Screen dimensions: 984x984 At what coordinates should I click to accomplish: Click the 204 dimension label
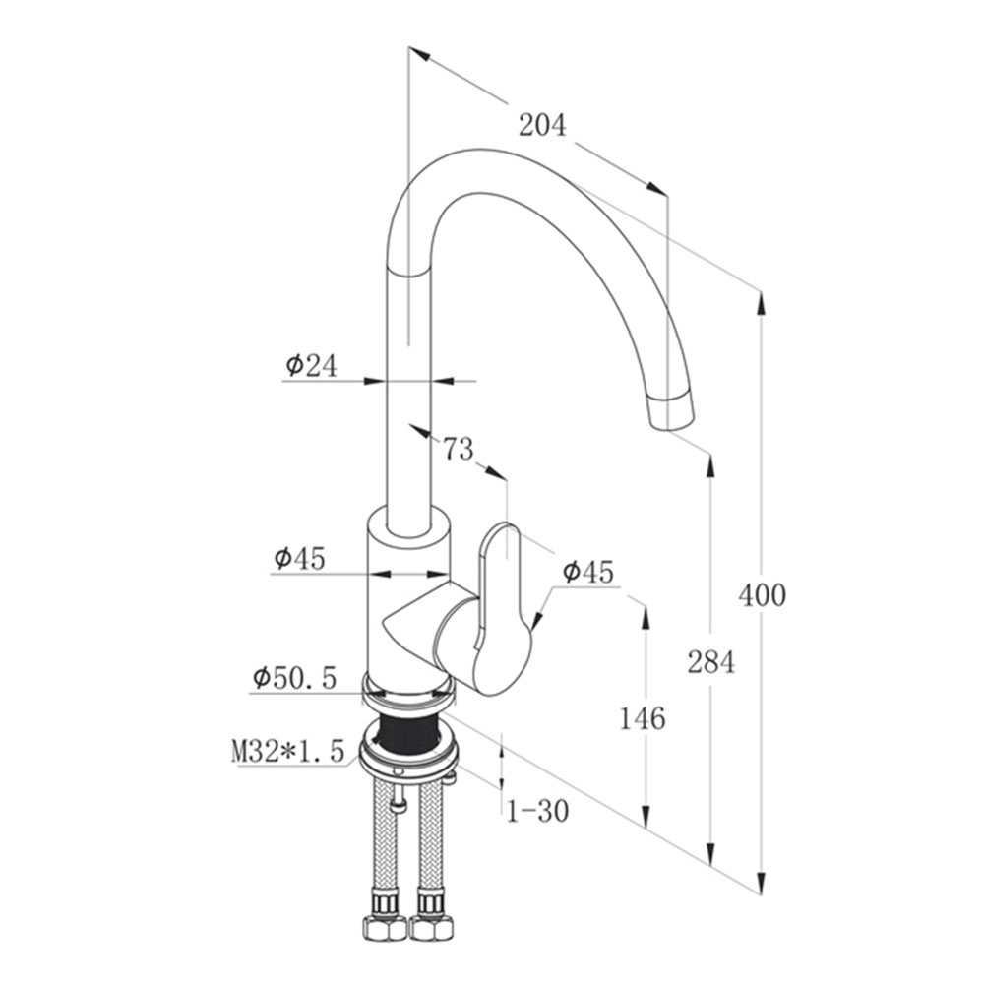coord(543,125)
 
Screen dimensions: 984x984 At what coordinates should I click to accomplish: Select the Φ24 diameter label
coord(311,366)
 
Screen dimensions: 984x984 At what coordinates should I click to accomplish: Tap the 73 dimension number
coord(458,450)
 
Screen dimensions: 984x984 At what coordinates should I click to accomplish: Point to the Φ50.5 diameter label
coord(294,677)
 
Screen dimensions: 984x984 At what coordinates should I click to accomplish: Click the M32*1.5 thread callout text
coord(288,753)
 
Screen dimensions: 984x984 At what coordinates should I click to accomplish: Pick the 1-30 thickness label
coord(537,811)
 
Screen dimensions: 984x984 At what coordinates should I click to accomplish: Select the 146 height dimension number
coord(642,718)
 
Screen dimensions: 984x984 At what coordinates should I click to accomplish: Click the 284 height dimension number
coord(710,662)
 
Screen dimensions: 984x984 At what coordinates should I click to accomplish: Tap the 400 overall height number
coord(763,594)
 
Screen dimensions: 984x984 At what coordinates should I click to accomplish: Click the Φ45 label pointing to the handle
coord(587,571)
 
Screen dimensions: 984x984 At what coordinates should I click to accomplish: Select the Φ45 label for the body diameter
coord(300,558)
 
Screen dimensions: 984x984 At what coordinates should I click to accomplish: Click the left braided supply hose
coord(381,836)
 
